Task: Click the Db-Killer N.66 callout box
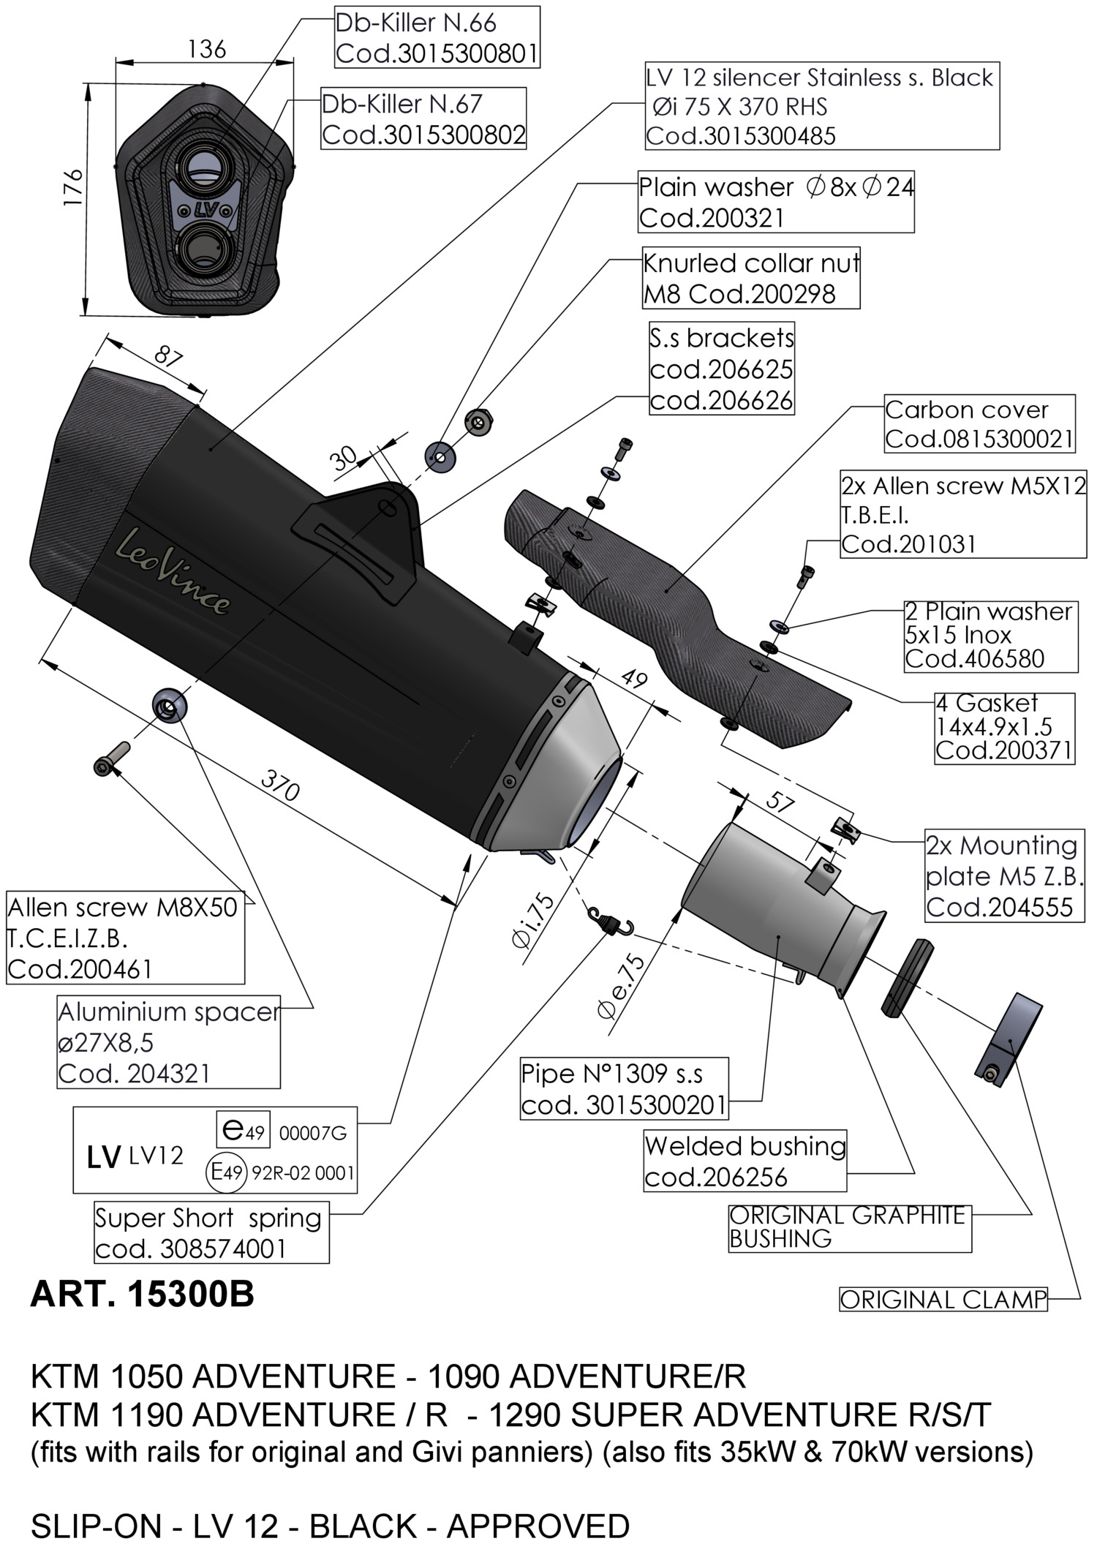tap(437, 38)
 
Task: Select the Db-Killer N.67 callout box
tap(423, 118)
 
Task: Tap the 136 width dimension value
tap(207, 50)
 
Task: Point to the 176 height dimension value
tap(73, 189)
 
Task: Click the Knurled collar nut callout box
tap(750, 278)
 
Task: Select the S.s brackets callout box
tap(721, 369)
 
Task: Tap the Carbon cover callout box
tap(979, 424)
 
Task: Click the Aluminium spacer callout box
tap(169, 1042)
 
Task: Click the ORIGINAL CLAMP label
tap(943, 1299)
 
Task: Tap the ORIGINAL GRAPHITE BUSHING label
tap(848, 1227)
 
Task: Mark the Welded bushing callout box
tap(744, 1161)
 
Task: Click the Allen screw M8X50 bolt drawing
tap(111, 758)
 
